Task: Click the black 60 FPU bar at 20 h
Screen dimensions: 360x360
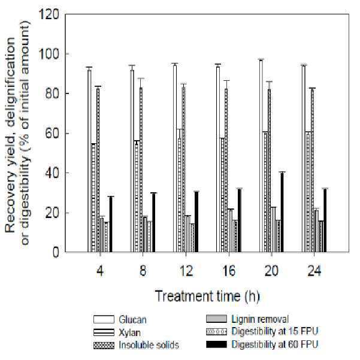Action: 282,213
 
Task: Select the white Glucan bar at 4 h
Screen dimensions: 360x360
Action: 89,161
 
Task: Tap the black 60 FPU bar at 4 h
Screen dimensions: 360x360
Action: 111,225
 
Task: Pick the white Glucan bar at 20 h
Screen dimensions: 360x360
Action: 261,156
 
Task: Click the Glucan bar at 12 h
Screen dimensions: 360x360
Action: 175,159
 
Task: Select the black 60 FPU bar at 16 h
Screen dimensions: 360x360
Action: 240,221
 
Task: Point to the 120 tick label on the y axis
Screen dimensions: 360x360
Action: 49,14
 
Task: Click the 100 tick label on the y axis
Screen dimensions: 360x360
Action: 49,54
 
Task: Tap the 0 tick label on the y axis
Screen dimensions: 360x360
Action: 56,252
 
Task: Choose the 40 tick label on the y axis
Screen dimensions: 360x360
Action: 52,173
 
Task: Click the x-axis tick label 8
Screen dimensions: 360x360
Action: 143,271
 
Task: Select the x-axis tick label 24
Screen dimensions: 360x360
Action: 314,271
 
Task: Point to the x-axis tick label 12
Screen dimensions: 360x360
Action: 186,271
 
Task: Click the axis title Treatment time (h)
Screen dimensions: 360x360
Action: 207,297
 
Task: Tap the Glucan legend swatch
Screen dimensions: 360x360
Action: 104,319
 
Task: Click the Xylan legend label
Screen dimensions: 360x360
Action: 129,332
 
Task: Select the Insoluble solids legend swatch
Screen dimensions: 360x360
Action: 104,346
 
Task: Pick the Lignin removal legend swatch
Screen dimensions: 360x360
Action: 216,319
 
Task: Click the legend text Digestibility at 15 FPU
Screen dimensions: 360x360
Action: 275,331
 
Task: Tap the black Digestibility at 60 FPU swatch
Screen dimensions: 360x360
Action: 216,344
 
